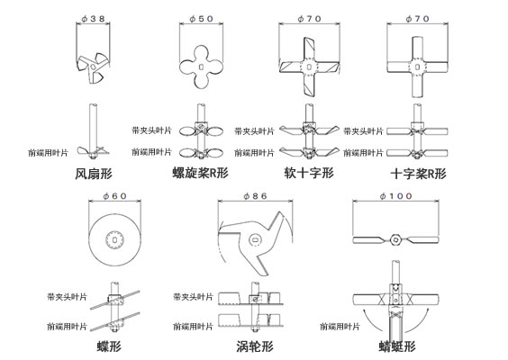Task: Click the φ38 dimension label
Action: point(93,19)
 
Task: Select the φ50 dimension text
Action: point(201,19)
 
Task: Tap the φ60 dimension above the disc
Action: point(114,196)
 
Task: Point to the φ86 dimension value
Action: point(255,196)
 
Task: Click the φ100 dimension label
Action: point(396,196)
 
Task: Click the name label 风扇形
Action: point(94,174)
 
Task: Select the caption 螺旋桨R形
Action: point(201,173)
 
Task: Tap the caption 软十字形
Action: point(309,173)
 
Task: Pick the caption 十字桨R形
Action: point(418,174)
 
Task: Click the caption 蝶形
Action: point(109,346)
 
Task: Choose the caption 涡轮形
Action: point(255,346)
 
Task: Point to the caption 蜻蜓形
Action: point(397,346)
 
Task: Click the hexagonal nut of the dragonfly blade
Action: point(395,240)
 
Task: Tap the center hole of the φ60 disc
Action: point(114,239)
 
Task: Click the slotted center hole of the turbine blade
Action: point(255,240)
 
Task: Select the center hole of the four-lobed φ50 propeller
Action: point(201,67)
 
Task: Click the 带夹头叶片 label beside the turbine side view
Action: point(193,297)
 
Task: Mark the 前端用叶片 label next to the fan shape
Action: point(48,153)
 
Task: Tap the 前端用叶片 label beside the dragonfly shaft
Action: point(340,327)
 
